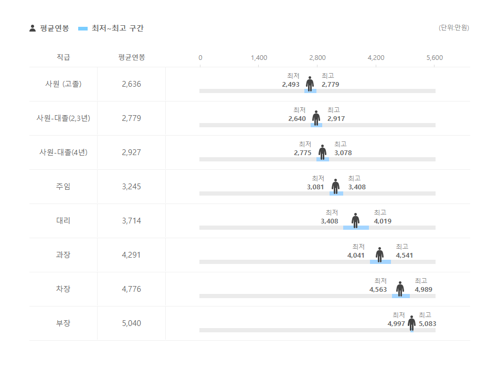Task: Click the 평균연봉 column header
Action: tap(131, 57)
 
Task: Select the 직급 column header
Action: tap(63, 57)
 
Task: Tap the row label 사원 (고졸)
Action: tap(63, 84)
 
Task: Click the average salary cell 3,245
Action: tap(131, 186)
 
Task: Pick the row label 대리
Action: tap(63, 220)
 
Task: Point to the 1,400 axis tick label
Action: tap(259, 57)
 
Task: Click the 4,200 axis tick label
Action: tap(376, 57)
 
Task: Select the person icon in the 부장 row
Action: tap(411, 323)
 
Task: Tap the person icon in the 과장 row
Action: tap(379, 254)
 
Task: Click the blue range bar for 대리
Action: tap(356, 228)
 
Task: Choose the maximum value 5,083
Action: tap(427, 323)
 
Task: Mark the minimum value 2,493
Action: tap(291, 84)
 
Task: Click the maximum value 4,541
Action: tap(405, 255)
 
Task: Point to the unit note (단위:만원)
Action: tap(454, 28)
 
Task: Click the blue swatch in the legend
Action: tap(83, 28)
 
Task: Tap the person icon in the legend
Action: tap(33, 28)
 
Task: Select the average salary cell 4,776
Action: tap(131, 289)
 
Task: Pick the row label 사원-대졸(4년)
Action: tap(63, 152)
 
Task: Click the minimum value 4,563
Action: tap(378, 289)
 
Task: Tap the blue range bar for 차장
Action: tap(401, 296)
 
